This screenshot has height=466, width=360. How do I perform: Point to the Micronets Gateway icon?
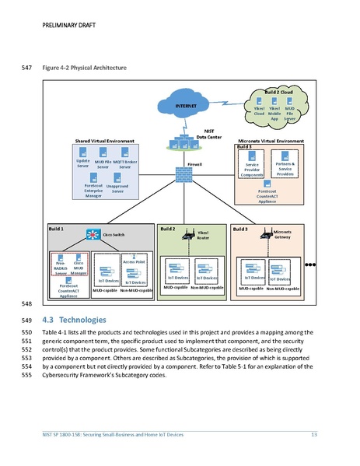[x=266, y=236]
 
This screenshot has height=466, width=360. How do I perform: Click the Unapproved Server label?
[x=117, y=189]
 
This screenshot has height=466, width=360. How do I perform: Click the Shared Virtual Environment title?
[x=105, y=141]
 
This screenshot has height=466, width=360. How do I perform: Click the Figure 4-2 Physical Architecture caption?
[x=87, y=68]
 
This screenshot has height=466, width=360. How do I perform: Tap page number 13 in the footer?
[x=314, y=433]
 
